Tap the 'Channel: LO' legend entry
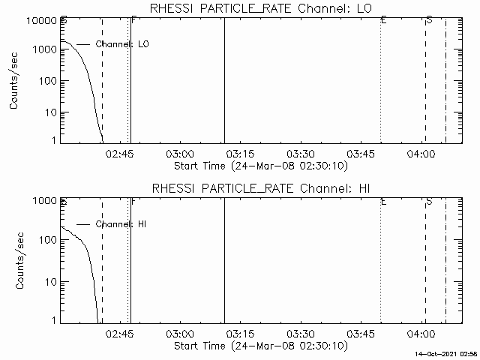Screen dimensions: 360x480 (x=123, y=44)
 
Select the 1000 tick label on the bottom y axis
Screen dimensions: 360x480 (x=42, y=201)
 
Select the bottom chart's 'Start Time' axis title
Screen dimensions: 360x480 (x=259, y=346)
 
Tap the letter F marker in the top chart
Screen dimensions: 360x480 (x=133, y=19)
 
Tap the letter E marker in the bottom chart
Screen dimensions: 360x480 (x=383, y=201)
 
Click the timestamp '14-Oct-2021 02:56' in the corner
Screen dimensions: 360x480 (x=448, y=353)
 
